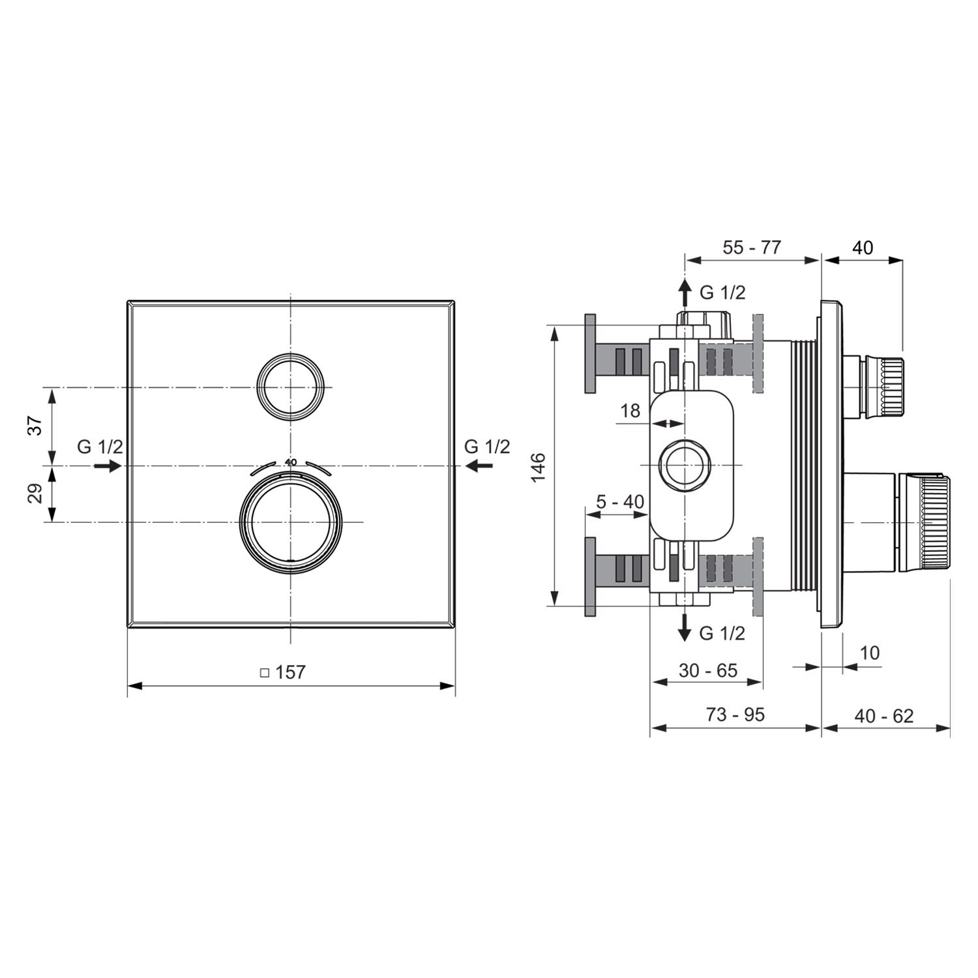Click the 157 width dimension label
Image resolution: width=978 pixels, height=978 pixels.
pyautogui.click(x=290, y=672)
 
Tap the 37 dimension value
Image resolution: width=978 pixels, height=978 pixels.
pyautogui.click(x=37, y=425)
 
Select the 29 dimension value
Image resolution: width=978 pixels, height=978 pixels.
pyautogui.click(x=37, y=493)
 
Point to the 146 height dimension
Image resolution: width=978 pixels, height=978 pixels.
pyautogui.click(x=538, y=467)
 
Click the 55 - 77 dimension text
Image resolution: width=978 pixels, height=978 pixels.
pyautogui.click(x=752, y=248)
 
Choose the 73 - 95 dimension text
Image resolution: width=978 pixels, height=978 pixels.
pyautogui.click(x=735, y=715)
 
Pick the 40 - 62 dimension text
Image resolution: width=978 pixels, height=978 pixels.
pyautogui.click(x=884, y=716)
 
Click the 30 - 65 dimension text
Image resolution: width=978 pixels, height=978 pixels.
pyautogui.click(x=708, y=670)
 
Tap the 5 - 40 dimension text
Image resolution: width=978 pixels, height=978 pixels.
pyautogui.click(x=620, y=501)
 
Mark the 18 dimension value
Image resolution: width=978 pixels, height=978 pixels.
pyautogui.click(x=630, y=411)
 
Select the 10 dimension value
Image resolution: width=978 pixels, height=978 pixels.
pyautogui.click(x=870, y=652)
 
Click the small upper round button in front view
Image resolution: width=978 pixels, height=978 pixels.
pyautogui.click(x=291, y=387)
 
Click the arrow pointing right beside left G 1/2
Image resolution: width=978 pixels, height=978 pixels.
pyautogui.click(x=108, y=466)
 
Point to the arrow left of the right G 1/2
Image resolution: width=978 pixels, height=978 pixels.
pyautogui.click(x=479, y=466)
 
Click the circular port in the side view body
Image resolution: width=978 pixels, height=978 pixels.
pyautogui.click(x=683, y=465)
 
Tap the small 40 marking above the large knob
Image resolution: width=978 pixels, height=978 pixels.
pyautogui.click(x=291, y=462)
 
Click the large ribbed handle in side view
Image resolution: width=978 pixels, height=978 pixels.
pyautogui.click(x=925, y=523)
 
